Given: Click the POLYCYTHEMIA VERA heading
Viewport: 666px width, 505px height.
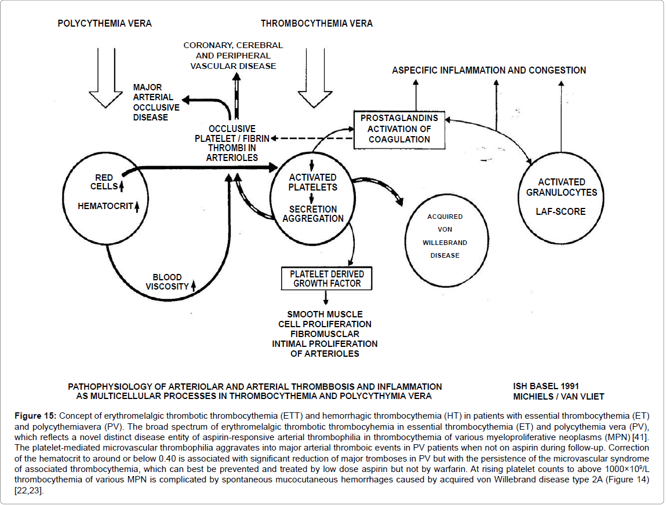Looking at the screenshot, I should (x=104, y=24).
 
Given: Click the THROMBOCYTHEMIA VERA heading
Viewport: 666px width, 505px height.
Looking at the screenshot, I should (x=316, y=24).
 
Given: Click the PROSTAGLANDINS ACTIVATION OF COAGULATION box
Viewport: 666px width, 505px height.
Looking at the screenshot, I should (x=399, y=129).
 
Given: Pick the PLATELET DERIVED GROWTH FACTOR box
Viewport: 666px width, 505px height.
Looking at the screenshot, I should (x=326, y=278).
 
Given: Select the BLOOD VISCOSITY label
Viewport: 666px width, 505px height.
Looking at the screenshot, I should (x=168, y=282).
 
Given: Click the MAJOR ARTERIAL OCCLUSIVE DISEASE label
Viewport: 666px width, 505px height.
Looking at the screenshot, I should (x=156, y=103).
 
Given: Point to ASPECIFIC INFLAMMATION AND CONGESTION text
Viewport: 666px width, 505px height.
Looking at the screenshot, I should (x=489, y=71).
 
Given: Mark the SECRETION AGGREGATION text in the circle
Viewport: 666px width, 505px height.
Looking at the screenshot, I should (x=313, y=214).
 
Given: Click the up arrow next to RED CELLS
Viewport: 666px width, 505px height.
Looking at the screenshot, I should (x=122, y=186).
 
